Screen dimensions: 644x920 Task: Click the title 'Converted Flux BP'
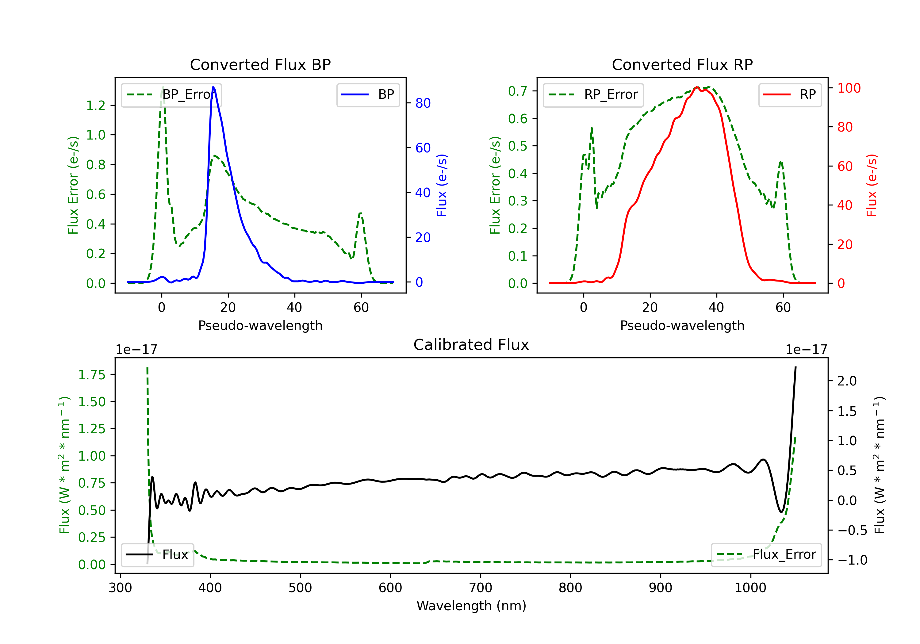(x=260, y=64)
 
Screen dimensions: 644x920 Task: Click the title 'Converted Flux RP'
(x=682, y=64)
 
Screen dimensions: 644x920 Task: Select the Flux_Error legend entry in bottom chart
(x=766, y=555)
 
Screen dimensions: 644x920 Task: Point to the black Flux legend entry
(x=158, y=555)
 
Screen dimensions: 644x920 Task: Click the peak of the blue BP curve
(x=213, y=87)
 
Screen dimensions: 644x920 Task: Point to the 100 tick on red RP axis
(x=849, y=88)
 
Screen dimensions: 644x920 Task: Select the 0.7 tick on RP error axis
(x=518, y=91)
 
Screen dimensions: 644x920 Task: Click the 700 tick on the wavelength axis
(x=481, y=588)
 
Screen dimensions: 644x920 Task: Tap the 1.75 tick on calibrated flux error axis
(x=92, y=375)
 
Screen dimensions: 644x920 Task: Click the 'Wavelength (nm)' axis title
(x=471, y=606)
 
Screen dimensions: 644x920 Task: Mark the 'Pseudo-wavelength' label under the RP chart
(x=682, y=325)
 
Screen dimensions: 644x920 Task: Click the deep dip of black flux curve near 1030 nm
(x=781, y=512)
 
